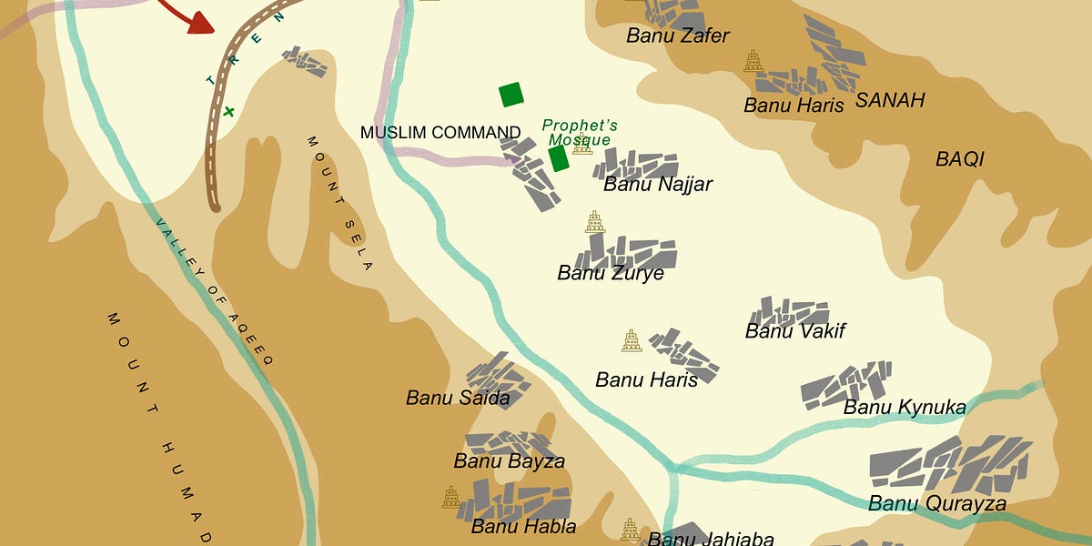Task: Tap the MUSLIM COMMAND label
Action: coord(440,133)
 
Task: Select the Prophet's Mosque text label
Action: coord(580,133)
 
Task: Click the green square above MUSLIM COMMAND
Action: coord(511,95)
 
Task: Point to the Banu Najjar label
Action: coord(658,185)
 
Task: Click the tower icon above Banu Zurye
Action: coord(594,222)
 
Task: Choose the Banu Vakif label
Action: coord(795,331)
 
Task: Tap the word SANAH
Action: coord(890,100)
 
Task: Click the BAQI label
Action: coord(960,160)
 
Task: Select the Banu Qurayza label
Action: coord(937,504)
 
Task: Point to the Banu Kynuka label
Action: coord(905,407)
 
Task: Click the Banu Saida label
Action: coord(458,398)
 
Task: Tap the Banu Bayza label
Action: coord(510,461)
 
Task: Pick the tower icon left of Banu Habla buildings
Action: coord(450,497)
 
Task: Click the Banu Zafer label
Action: coord(678,36)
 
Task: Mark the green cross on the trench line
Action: coord(228,112)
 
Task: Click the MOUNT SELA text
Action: coord(340,203)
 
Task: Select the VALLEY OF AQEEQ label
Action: coord(214,291)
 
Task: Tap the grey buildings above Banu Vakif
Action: coord(789,310)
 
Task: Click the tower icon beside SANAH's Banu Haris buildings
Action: coord(753,61)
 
